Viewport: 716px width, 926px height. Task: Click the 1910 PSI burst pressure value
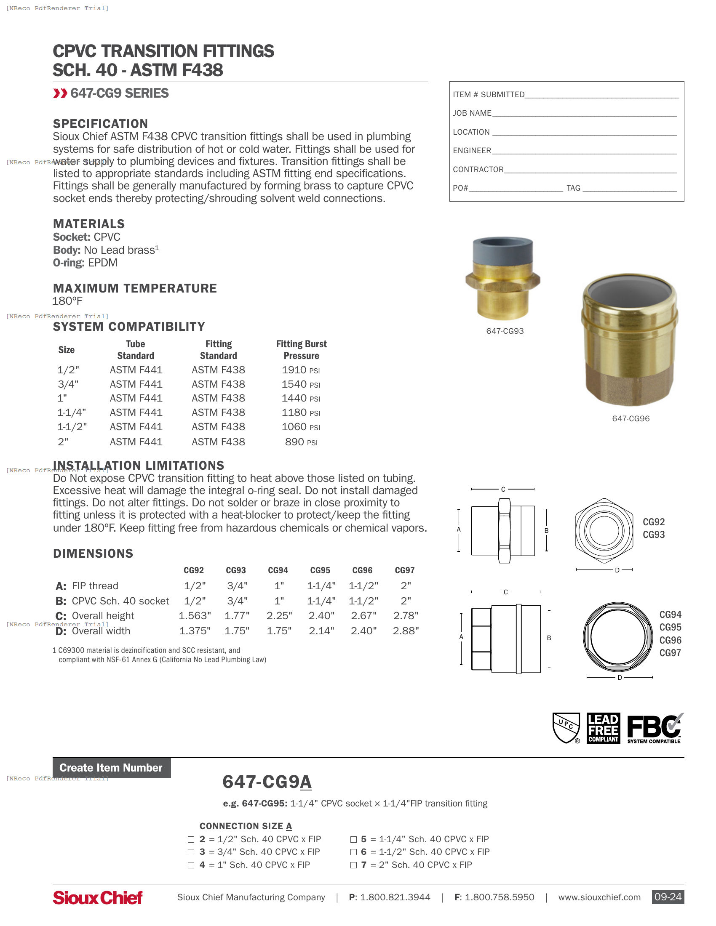pos(300,370)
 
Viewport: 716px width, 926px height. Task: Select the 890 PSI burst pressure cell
pos(301,442)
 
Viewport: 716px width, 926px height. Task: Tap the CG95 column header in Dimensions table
pos(320,570)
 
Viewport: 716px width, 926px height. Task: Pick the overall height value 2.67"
pos(363,616)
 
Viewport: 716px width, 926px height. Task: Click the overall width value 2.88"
pos(406,631)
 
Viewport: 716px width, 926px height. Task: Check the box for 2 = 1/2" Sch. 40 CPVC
pos(191,840)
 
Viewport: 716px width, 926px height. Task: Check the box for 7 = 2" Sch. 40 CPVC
pos(353,865)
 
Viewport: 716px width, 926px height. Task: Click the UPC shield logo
pos(566,728)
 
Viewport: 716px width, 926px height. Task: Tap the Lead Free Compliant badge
pos(603,728)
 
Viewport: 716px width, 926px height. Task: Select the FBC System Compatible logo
pos(654,728)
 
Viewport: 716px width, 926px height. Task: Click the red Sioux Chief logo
pos(98,898)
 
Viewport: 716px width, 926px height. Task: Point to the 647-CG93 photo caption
pos(505,331)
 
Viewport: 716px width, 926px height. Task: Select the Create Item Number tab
pos(111,768)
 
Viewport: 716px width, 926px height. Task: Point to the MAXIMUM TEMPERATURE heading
pos(135,288)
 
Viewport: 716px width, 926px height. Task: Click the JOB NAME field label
pos(472,113)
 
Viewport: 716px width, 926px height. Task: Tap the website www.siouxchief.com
pos(599,898)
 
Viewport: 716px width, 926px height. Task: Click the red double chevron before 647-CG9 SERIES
pos(60,93)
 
